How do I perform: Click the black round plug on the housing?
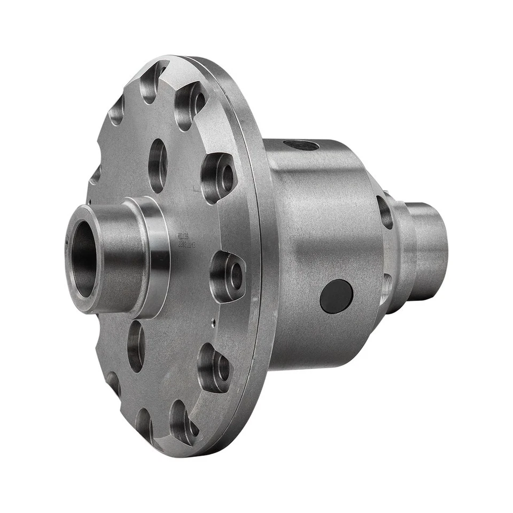tap(336, 296)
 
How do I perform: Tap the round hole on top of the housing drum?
tap(301, 145)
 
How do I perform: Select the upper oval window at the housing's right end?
tap(385, 212)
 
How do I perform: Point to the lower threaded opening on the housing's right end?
tap(386, 286)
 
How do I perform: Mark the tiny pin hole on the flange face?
tap(213, 321)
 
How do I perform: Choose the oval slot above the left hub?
tap(158, 165)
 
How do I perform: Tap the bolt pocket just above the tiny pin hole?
tap(227, 276)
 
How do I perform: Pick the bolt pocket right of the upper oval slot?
tap(217, 177)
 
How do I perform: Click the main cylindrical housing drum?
tap(321, 240)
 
